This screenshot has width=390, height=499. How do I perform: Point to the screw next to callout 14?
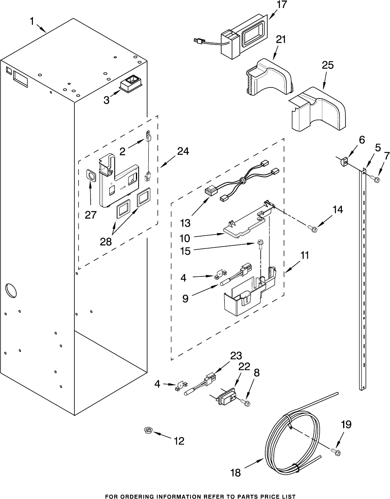click(313, 228)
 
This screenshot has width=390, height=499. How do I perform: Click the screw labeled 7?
click(375, 178)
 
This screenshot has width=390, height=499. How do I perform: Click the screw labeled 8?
click(245, 402)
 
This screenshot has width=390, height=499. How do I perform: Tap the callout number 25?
click(328, 65)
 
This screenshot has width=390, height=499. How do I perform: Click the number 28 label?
click(106, 242)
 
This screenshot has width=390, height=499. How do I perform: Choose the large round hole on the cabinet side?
click(11, 290)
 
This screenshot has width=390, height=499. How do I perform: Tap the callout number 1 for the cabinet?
click(32, 22)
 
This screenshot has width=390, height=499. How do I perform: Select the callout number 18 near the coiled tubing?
click(235, 473)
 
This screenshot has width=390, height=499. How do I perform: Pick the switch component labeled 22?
click(226, 396)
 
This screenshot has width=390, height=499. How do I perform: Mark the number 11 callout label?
click(304, 255)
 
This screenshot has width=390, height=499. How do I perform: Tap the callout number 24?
click(183, 151)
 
